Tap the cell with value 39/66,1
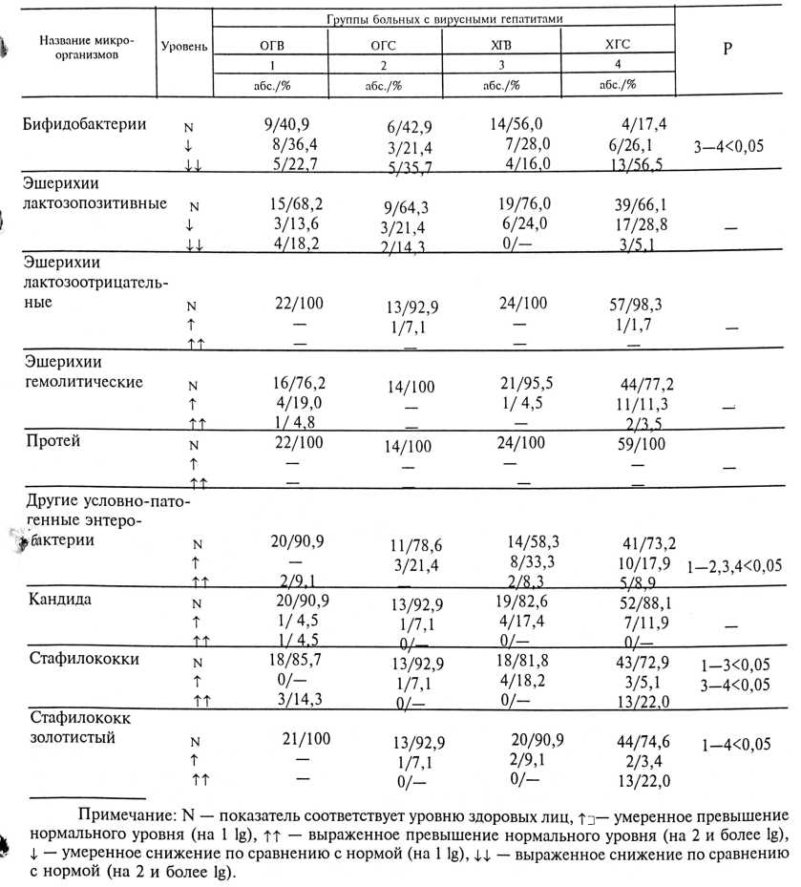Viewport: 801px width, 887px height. click(631, 206)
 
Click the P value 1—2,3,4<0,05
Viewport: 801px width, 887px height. click(733, 566)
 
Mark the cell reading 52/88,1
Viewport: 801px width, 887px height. click(631, 602)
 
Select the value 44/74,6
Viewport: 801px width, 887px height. click(631, 741)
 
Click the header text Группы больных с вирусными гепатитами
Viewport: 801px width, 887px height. click(443, 19)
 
